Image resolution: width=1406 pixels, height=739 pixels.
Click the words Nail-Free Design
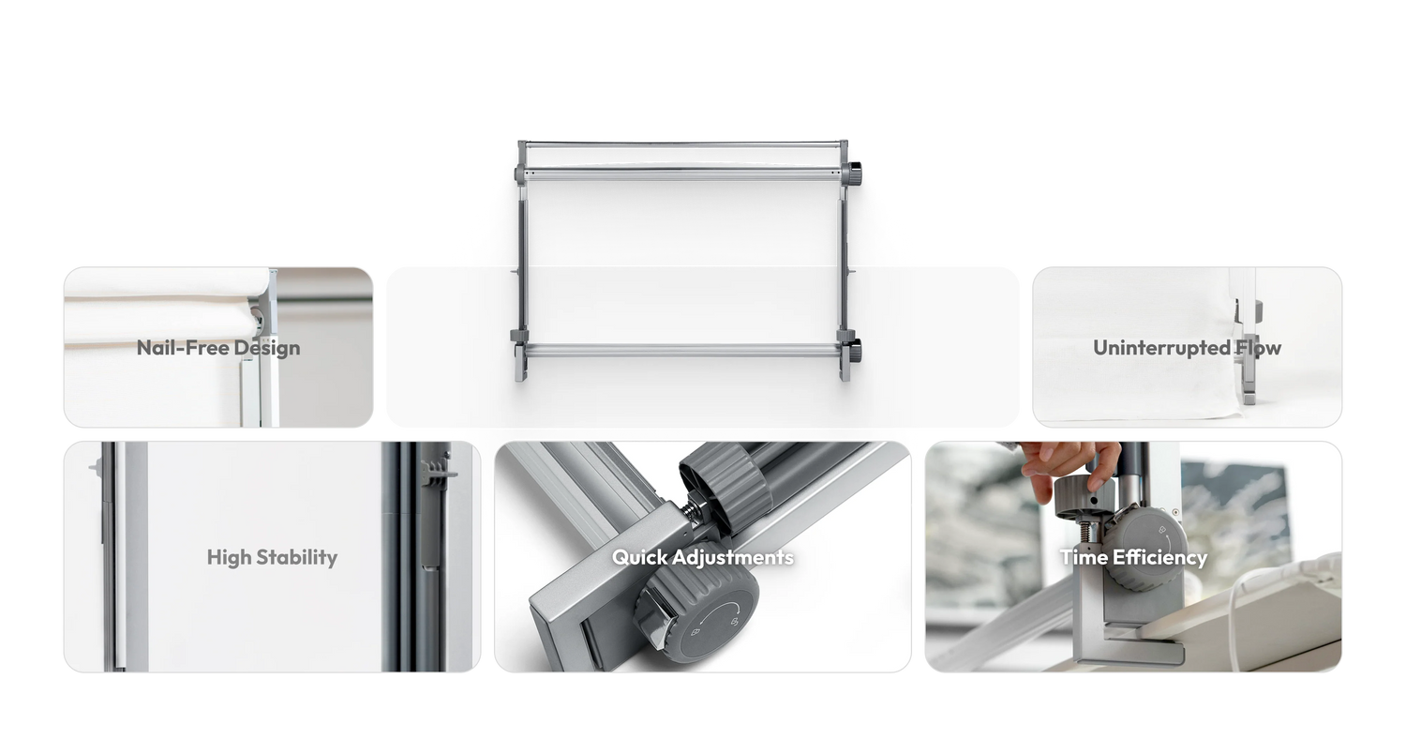pos(218,348)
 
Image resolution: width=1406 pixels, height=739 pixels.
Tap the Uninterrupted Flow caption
pos(1187,348)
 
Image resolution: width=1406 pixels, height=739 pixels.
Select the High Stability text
pos(272,558)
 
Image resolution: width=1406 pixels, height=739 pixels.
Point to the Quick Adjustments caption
pos(702,558)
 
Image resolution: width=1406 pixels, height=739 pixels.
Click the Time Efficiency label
pos(1133,558)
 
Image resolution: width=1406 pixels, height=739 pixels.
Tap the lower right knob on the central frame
pos(854,349)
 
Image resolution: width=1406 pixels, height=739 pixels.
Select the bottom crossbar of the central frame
pos(681,350)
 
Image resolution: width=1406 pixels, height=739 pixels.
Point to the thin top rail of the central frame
pos(681,144)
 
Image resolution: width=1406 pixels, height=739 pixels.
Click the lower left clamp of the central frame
pos(519,354)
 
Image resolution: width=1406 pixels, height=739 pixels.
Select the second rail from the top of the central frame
pos(681,173)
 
